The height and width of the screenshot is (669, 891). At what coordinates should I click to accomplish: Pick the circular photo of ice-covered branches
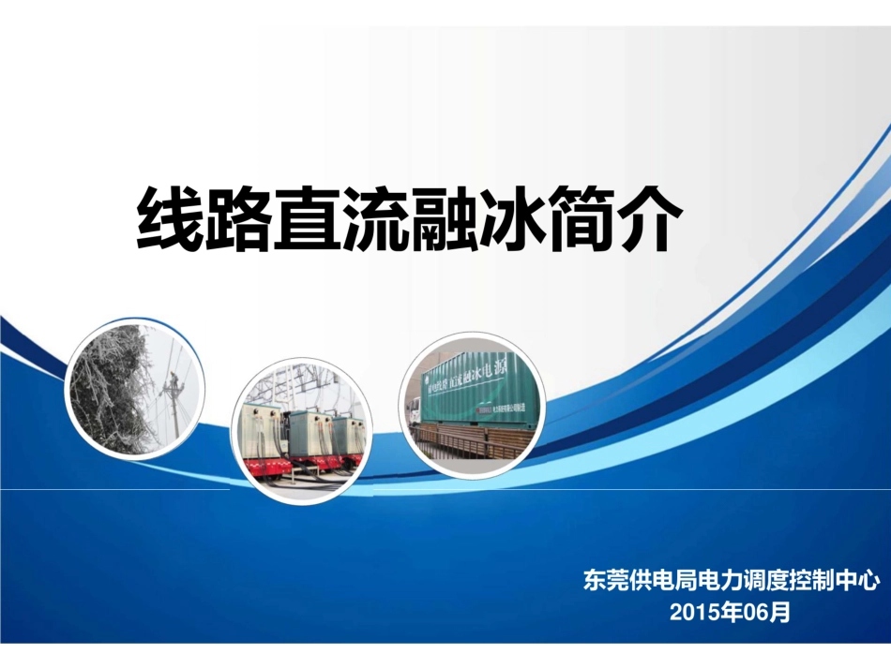134,388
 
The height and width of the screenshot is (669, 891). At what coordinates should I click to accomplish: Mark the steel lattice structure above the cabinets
300,384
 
